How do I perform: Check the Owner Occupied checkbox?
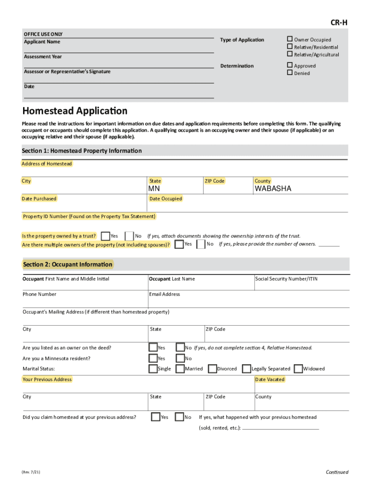290,39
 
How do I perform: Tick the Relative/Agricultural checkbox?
290,54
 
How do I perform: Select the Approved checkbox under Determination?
290,65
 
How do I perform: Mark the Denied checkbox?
290,73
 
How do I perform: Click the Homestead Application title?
75,111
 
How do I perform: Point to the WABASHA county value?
272,189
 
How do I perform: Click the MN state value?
154,189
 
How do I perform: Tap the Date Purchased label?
39,198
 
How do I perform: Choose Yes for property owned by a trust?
105,236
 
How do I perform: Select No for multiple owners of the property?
201,244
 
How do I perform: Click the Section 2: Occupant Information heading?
67,264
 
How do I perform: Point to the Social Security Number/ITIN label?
286,279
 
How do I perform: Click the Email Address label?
164,294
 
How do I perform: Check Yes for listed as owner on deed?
153,347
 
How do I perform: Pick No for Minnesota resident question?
180,358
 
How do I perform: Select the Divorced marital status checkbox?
212,369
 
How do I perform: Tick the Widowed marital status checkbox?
298,369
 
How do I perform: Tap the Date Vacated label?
270,379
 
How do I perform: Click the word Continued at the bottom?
337,472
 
